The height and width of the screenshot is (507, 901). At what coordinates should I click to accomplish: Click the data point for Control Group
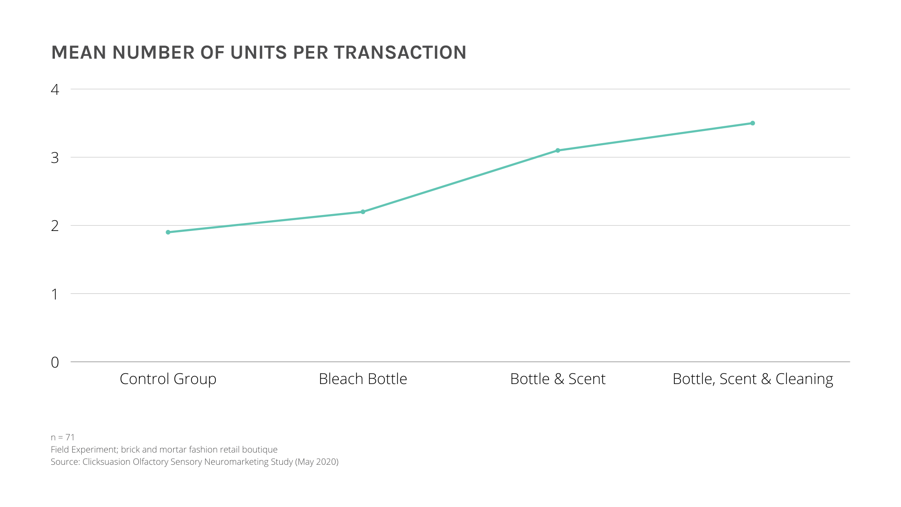click(168, 232)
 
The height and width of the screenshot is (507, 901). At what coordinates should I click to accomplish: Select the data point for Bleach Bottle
click(363, 212)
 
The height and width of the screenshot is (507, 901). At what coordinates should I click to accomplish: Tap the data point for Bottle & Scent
click(557, 151)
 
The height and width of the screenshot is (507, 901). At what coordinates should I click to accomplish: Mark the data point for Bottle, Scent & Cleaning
click(752, 123)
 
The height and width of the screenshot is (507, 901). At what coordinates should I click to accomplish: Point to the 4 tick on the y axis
click(55, 90)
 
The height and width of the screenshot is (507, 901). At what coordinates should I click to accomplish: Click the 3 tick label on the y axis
click(55, 158)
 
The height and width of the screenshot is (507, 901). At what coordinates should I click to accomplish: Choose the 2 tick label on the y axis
click(55, 226)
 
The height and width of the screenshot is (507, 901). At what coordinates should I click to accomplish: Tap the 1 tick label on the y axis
click(55, 294)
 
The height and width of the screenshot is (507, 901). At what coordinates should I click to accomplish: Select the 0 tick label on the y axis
click(55, 362)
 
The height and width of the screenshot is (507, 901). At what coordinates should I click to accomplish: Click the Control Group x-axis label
click(168, 379)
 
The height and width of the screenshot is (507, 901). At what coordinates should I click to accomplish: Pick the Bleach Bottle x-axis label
click(363, 379)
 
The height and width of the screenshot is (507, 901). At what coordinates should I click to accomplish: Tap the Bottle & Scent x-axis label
click(557, 379)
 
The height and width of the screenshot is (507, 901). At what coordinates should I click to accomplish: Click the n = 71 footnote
click(63, 438)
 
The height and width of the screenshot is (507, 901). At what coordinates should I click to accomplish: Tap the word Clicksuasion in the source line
click(107, 462)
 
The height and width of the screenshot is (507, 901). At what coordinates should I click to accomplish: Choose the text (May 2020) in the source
click(317, 462)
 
